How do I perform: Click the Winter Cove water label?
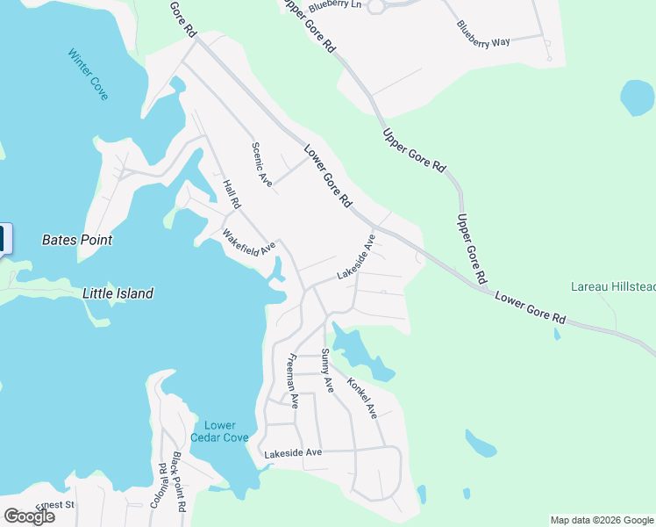coord(88,73)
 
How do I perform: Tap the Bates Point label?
coord(78,240)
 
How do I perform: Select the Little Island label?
coord(118,293)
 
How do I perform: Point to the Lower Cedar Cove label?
coord(220,430)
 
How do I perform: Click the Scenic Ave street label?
coord(262,164)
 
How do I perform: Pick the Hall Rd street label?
coord(232,195)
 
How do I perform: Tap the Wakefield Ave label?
coord(249,240)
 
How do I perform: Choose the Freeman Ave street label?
coord(293,382)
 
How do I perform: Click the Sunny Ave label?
coord(327,370)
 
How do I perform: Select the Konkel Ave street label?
coord(361,397)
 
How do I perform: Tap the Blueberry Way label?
coord(481,27)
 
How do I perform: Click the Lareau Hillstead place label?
coord(613,286)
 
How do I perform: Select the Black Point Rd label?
coord(180,482)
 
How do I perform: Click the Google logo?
coord(28,516)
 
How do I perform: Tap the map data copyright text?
coord(601,520)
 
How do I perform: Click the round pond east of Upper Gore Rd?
coord(638,97)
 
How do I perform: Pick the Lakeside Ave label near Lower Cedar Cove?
coord(294,452)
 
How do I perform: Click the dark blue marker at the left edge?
coord(3,238)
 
